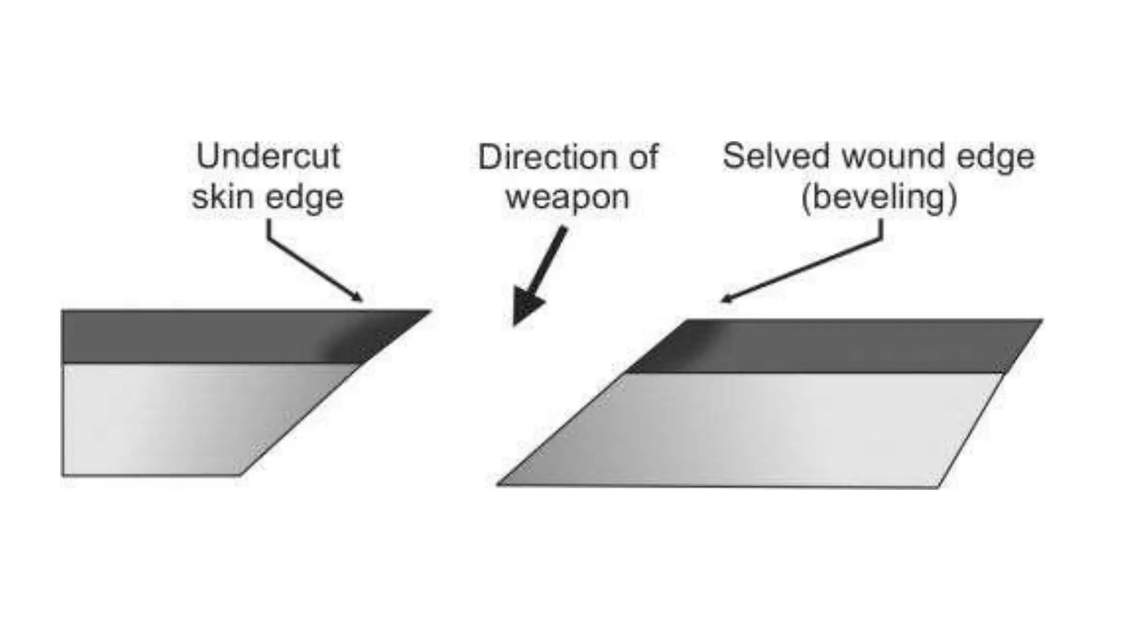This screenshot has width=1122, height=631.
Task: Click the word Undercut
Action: [268, 157]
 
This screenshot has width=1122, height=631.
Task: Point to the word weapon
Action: [567, 198]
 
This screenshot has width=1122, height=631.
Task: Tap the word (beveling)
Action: [879, 197]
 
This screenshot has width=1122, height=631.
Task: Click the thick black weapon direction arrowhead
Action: [525, 310]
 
